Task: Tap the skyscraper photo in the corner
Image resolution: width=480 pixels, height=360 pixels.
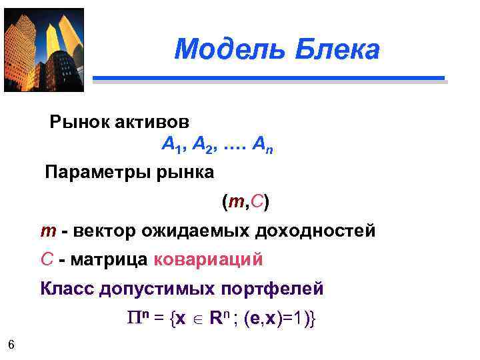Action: coord(44,49)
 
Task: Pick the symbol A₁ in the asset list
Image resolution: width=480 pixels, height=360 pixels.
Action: coord(171,145)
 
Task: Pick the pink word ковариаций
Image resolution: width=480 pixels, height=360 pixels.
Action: coord(208,259)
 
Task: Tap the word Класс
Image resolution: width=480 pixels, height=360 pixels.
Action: coord(67,289)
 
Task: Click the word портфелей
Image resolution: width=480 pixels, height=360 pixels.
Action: coord(276,289)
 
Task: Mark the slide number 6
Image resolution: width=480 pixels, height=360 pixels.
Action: coord(11,344)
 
